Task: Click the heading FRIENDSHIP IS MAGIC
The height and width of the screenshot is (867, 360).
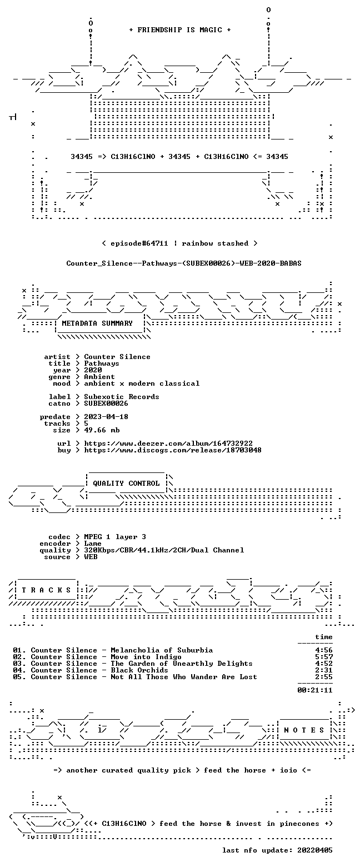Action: click(x=179, y=30)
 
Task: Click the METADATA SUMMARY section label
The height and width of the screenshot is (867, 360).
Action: click(x=97, y=323)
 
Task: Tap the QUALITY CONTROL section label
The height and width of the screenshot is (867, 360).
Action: click(x=126, y=484)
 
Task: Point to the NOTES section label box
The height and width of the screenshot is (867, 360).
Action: click(x=304, y=730)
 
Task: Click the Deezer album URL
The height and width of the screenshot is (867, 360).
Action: click(x=168, y=444)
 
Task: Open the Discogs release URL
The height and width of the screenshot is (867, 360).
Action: click(x=173, y=450)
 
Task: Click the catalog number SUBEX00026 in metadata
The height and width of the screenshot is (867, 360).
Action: click(x=106, y=403)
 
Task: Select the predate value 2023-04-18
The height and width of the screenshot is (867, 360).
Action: click(x=106, y=417)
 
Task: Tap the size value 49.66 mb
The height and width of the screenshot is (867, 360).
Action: click(x=102, y=430)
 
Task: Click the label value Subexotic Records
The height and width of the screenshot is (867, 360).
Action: click(x=122, y=397)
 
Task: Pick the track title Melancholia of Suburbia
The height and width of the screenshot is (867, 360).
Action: click(x=162, y=650)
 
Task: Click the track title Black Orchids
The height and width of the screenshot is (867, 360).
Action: click(x=139, y=670)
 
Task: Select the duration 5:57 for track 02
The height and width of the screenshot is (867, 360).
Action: click(x=324, y=657)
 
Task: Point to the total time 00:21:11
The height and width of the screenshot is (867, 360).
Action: click(x=315, y=690)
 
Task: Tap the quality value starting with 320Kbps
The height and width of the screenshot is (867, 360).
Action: click(x=164, y=550)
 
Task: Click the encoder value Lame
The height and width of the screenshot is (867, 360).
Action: click(x=93, y=544)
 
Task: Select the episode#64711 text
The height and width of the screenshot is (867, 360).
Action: click(x=139, y=243)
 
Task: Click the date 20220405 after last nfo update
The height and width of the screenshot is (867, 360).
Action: click(x=315, y=850)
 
